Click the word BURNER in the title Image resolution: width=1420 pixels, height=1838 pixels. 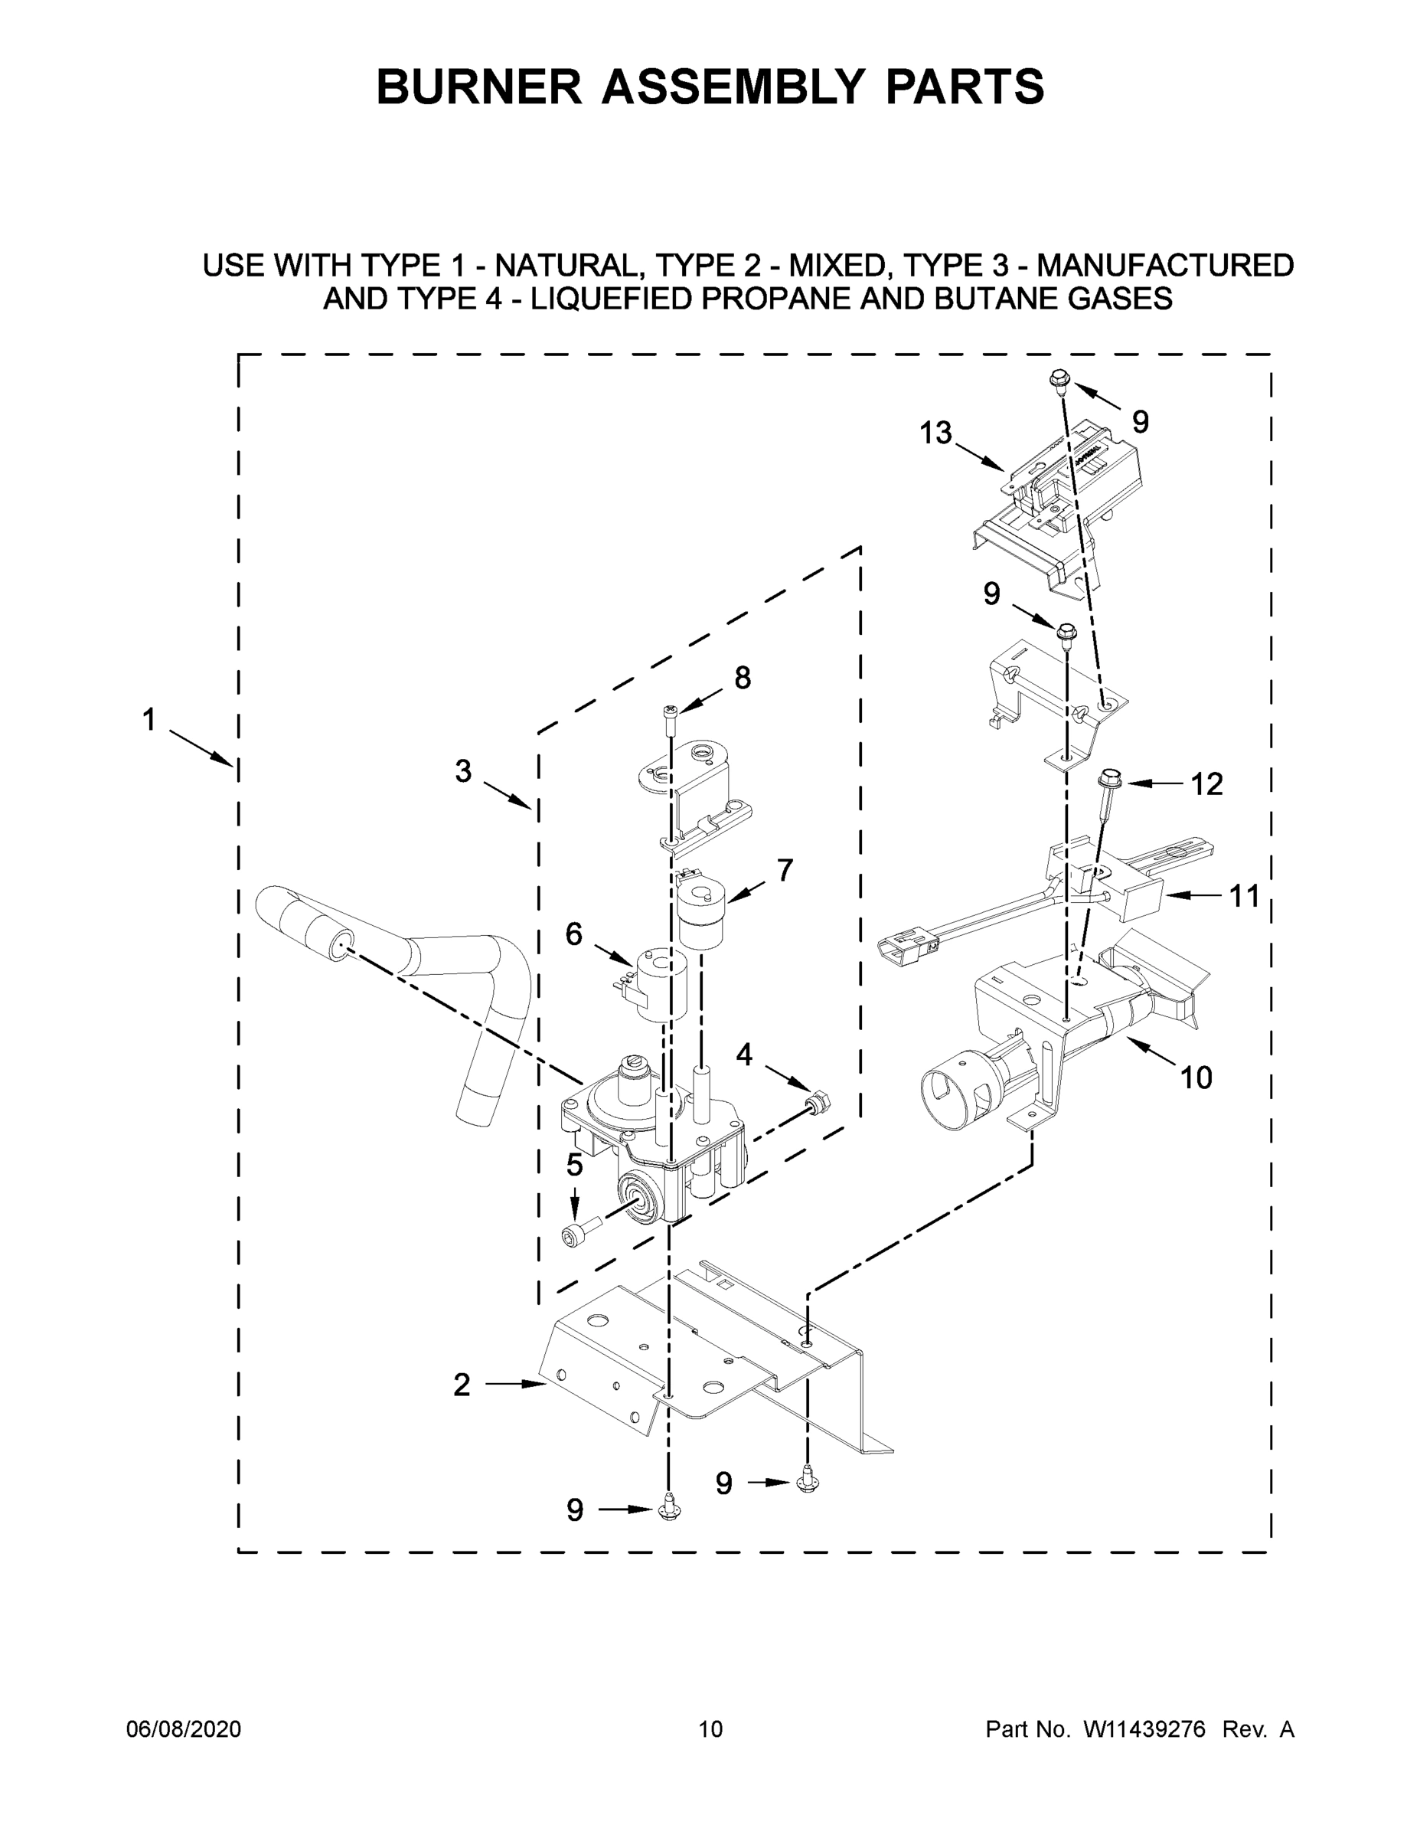[478, 87]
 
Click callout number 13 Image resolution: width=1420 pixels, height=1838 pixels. [935, 433]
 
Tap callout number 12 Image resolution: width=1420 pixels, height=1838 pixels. [1206, 784]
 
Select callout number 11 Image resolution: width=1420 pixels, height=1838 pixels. [1244, 896]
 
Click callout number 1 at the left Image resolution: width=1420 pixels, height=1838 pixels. [149, 721]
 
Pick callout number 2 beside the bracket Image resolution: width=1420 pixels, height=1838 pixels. [461, 1385]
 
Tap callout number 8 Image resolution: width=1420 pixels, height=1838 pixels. [742, 678]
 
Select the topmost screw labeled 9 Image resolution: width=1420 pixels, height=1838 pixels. [1057, 383]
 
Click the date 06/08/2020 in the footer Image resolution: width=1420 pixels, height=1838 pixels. [184, 1729]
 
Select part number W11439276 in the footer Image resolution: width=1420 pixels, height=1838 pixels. [1144, 1729]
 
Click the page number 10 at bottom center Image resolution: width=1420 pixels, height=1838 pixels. [710, 1729]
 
